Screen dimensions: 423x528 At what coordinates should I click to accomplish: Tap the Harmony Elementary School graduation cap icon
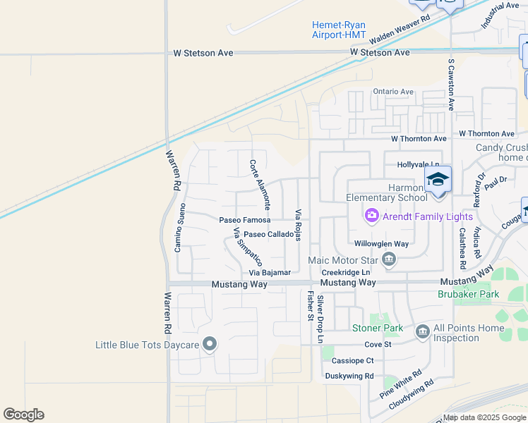438,179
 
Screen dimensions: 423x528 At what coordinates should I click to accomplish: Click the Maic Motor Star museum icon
388,261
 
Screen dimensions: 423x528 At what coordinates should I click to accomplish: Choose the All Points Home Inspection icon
422,331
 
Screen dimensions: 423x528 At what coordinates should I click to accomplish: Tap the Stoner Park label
378,328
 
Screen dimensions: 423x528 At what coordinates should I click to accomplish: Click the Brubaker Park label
468,294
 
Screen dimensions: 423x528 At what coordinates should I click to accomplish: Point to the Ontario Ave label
393,92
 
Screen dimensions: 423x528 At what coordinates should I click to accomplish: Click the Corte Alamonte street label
260,184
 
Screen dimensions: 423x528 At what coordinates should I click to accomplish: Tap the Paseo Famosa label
244,220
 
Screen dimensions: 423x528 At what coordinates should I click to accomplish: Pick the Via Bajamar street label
270,273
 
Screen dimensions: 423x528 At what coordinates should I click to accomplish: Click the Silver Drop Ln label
320,319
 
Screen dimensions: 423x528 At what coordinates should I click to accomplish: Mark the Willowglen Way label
381,244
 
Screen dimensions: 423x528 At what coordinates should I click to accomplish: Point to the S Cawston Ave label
451,84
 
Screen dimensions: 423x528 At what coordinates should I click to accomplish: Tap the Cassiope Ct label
352,360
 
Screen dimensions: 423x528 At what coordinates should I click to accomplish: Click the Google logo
24,415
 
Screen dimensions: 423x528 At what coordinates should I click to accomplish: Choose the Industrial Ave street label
500,14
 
